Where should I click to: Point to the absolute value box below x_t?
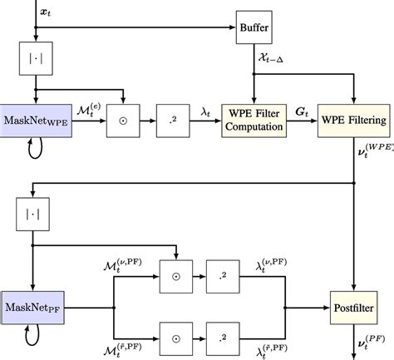(35, 59)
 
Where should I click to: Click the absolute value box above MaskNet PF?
(30, 215)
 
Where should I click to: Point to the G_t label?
(304, 110)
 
